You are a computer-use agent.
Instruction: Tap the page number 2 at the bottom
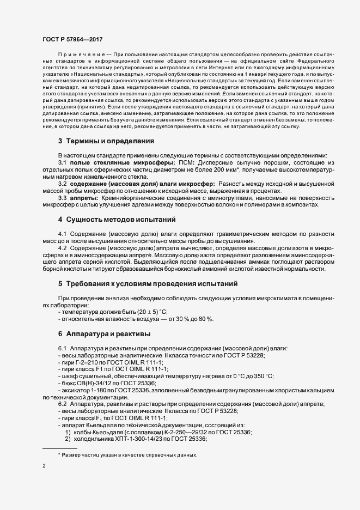44,466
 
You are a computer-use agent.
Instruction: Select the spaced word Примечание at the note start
81,56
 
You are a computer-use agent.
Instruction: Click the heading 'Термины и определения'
106,141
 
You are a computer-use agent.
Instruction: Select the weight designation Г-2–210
86,362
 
